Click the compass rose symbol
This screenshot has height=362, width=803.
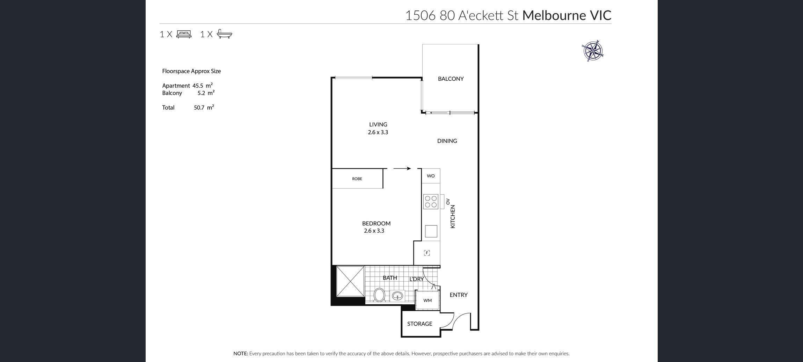pos(593,51)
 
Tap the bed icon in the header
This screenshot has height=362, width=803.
pos(184,34)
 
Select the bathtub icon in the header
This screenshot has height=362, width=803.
pos(225,34)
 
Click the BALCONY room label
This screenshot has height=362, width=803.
pos(451,79)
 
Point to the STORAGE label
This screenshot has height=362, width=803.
pos(419,324)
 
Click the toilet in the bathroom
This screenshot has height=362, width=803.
pos(379,295)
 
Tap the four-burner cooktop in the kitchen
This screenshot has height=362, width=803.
pos(431,201)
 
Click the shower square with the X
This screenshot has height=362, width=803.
pos(350,281)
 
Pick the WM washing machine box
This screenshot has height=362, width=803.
pos(427,300)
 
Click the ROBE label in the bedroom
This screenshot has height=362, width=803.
pos(357,179)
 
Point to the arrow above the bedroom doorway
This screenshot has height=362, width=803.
pos(402,168)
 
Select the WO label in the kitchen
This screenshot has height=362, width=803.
pos(431,176)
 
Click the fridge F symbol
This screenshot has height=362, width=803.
pos(427,253)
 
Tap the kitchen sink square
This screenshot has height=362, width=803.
pos(431,231)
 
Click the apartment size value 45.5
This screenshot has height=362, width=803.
pos(198,86)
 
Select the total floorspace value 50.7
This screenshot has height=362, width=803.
pos(199,108)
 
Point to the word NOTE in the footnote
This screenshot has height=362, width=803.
pos(241,354)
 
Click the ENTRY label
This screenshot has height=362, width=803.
pos(458,295)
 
